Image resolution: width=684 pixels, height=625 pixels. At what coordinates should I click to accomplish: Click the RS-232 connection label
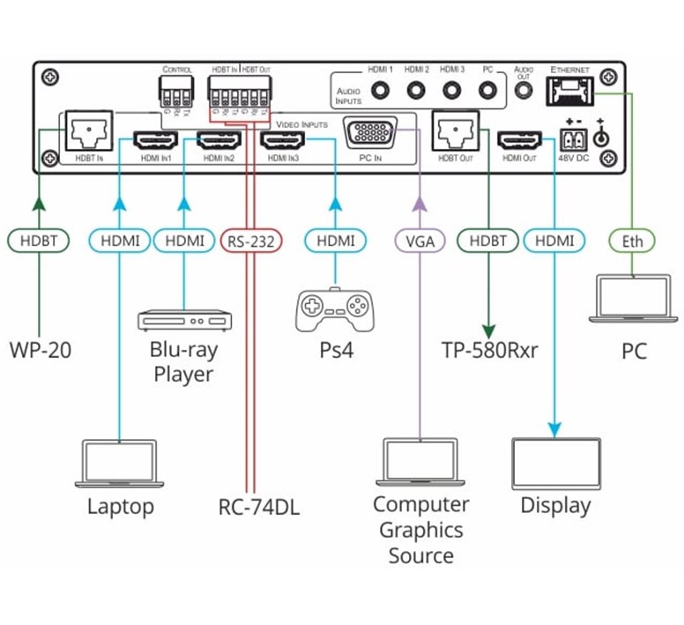coord(249,240)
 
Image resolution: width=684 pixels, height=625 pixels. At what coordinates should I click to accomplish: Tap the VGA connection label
coord(420,240)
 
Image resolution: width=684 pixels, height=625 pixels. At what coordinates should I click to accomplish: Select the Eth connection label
coord(633,240)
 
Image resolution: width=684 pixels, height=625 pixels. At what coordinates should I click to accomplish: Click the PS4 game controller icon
coord(334,309)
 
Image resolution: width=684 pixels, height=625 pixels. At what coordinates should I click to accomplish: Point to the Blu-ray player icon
coord(183,319)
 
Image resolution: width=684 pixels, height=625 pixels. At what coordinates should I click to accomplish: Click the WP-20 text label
coord(41,350)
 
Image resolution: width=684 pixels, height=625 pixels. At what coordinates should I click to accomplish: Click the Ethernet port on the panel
coord(569,89)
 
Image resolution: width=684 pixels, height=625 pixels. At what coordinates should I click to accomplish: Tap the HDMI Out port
coord(519,140)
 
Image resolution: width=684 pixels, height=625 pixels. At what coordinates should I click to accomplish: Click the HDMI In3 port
coord(281,140)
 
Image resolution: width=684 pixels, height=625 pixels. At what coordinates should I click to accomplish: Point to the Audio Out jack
coord(524,90)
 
